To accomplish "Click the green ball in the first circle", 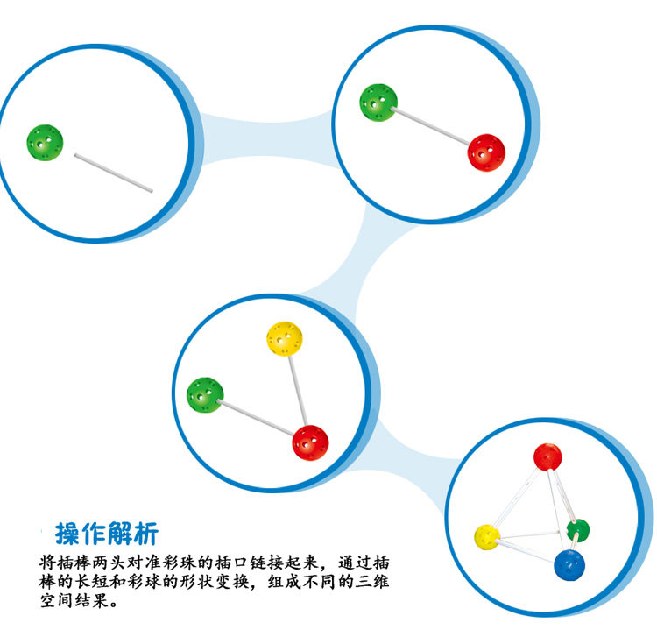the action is click(x=45, y=142).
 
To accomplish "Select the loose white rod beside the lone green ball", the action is click(x=114, y=173).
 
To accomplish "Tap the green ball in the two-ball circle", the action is click(x=378, y=102).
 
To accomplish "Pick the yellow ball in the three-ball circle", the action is click(x=285, y=338).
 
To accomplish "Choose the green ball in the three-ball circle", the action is click(x=205, y=395).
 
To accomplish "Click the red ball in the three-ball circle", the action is click(x=310, y=442).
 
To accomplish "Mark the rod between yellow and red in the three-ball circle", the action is click(x=298, y=390).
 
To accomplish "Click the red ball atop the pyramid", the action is click(x=547, y=457).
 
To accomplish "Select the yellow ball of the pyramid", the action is click(x=487, y=536).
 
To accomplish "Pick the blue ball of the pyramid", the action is click(x=569, y=567).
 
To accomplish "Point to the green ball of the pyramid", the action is click(x=577, y=530).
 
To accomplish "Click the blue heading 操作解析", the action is click(x=107, y=533).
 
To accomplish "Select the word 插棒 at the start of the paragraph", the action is click(x=70, y=560).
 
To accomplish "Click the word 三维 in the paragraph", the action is click(x=400, y=582).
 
